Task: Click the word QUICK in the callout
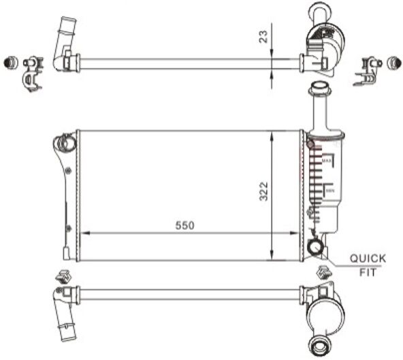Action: click(x=368, y=259)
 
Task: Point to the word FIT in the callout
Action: click(x=368, y=272)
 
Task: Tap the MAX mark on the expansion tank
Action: click(x=326, y=161)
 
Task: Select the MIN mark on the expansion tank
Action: click(x=329, y=191)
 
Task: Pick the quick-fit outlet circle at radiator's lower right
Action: click(x=315, y=248)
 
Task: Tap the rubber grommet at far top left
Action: click(x=10, y=62)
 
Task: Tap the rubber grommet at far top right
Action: click(x=393, y=63)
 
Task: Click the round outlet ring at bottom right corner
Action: click(x=319, y=343)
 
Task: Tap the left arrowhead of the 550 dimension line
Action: click(x=84, y=233)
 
